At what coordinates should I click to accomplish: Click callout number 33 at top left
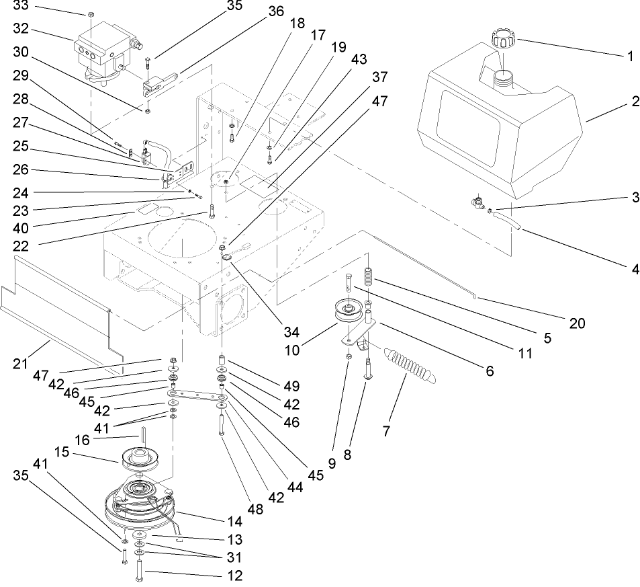click(x=21, y=7)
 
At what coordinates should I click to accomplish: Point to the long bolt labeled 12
click(x=139, y=568)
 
